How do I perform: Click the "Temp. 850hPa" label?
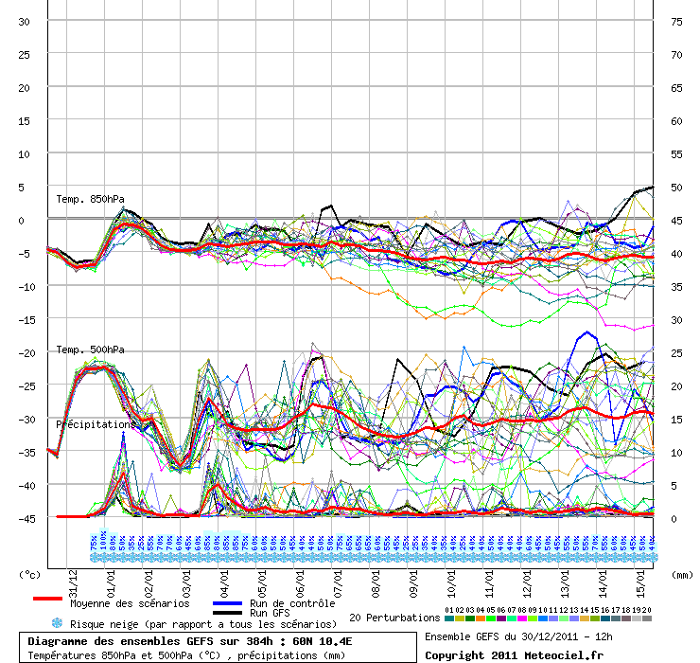click(x=90, y=199)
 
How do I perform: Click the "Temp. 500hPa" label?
click(x=90, y=349)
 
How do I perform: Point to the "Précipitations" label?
click(x=96, y=424)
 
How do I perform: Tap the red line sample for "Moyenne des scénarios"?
click(x=47, y=599)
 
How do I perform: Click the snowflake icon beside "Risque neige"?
click(x=58, y=623)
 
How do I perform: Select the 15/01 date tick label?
click(x=640, y=576)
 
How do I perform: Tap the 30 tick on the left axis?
click(x=25, y=21)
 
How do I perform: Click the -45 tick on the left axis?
click(x=23, y=518)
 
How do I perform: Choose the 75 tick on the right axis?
click(x=676, y=21)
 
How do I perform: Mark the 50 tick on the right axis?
click(x=676, y=187)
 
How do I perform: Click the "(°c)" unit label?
click(x=31, y=574)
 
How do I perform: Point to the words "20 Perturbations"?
click(x=394, y=618)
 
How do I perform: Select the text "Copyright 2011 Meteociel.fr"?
click(x=514, y=654)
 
